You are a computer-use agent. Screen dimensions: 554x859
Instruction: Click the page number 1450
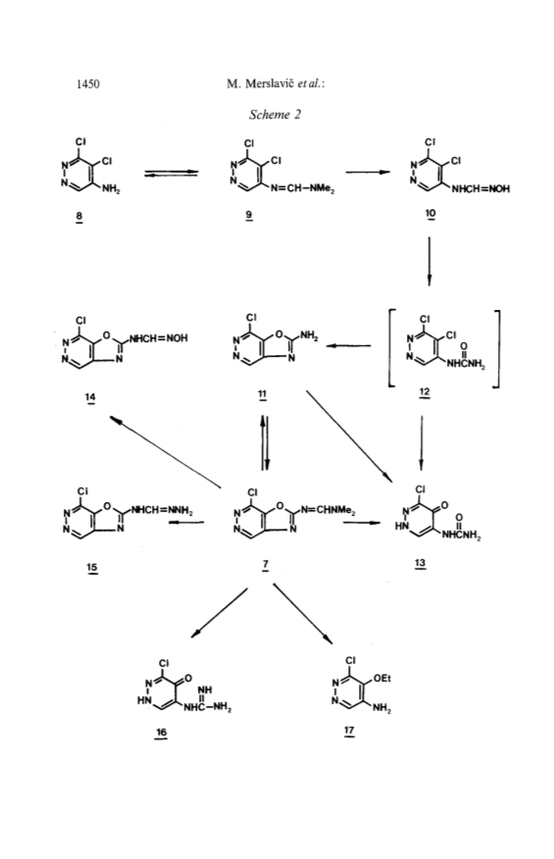(x=88, y=83)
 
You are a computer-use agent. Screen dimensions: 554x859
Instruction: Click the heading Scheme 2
(x=276, y=115)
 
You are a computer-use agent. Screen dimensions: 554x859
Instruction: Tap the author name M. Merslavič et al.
(x=276, y=83)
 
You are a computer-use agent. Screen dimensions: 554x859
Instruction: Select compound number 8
(x=79, y=216)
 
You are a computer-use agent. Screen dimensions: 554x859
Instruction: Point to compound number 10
(x=430, y=213)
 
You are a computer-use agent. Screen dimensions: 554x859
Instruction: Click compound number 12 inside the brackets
(x=425, y=391)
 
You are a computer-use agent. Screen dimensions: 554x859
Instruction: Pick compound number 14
(x=90, y=396)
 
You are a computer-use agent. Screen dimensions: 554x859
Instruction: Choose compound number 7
(x=265, y=564)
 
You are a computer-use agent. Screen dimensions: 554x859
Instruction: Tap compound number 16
(x=161, y=733)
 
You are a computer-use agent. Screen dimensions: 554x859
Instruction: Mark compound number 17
(x=349, y=731)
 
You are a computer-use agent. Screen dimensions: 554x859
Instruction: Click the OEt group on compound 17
(x=382, y=679)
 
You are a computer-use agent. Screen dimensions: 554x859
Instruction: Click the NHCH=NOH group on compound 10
(x=480, y=189)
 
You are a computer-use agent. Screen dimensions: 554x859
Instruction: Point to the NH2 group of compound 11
(x=309, y=336)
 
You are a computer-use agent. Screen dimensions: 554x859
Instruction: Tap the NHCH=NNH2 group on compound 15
(x=161, y=510)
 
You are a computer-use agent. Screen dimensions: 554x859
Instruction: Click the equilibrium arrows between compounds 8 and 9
(x=171, y=174)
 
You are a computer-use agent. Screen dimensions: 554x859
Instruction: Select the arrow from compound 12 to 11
(x=348, y=346)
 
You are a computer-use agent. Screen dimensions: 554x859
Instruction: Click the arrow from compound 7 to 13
(x=362, y=523)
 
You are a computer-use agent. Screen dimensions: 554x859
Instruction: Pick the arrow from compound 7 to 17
(x=302, y=614)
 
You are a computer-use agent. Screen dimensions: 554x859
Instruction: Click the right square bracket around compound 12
(x=496, y=349)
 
